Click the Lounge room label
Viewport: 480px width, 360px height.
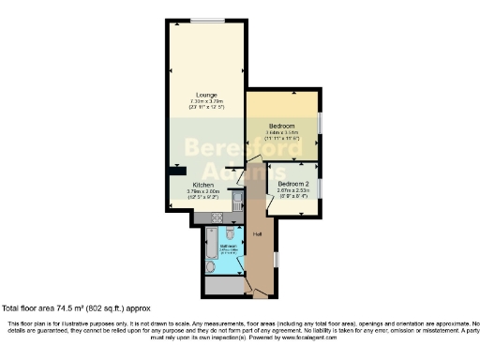point(207,95)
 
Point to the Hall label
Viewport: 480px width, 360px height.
point(257,233)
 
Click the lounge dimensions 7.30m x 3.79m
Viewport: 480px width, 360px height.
point(207,102)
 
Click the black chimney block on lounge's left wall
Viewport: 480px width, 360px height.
point(174,172)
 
